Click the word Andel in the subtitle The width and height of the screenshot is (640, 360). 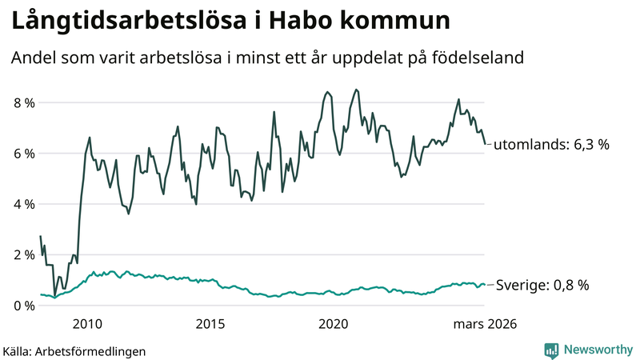(x=34, y=58)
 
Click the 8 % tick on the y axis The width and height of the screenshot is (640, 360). (x=23, y=103)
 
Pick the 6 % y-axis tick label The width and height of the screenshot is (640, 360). (x=23, y=154)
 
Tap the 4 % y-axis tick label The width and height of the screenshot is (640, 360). (x=23, y=204)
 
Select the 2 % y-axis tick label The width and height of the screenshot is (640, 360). (x=23, y=254)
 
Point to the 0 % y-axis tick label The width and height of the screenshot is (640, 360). (x=23, y=306)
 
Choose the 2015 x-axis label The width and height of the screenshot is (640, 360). (x=210, y=324)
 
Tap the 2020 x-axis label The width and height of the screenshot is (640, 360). (x=333, y=324)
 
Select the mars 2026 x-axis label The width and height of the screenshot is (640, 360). (x=484, y=324)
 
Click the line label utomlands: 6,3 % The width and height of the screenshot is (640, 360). (x=551, y=145)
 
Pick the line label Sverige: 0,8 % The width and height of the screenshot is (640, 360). (x=542, y=285)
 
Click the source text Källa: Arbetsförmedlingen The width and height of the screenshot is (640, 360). (x=74, y=350)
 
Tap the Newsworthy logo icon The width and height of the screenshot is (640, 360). (x=551, y=350)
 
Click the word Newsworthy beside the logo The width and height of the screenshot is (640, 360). (x=597, y=350)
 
